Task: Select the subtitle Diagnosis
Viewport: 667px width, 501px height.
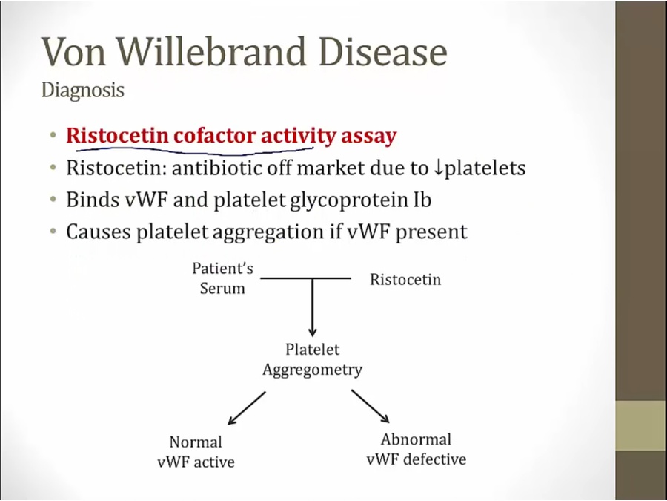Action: click(x=83, y=91)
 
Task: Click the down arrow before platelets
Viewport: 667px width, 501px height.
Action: click(x=437, y=168)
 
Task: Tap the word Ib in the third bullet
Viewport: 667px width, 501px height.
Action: click(x=422, y=200)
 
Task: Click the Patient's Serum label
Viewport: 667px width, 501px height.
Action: click(x=222, y=278)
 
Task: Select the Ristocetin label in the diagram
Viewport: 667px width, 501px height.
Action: click(x=405, y=280)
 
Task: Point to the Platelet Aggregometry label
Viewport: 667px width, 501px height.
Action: click(x=313, y=359)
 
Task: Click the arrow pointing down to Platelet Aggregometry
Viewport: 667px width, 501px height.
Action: click(x=313, y=307)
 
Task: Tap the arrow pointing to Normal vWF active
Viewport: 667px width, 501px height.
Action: click(x=247, y=408)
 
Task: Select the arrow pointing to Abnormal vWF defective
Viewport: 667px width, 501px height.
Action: click(x=370, y=406)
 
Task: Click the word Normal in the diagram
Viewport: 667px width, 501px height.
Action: click(x=196, y=442)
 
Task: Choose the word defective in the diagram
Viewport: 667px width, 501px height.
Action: click(x=435, y=459)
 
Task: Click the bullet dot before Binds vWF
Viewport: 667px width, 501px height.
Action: click(x=53, y=200)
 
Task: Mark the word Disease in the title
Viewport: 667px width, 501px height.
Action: click(x=383, y=51)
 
